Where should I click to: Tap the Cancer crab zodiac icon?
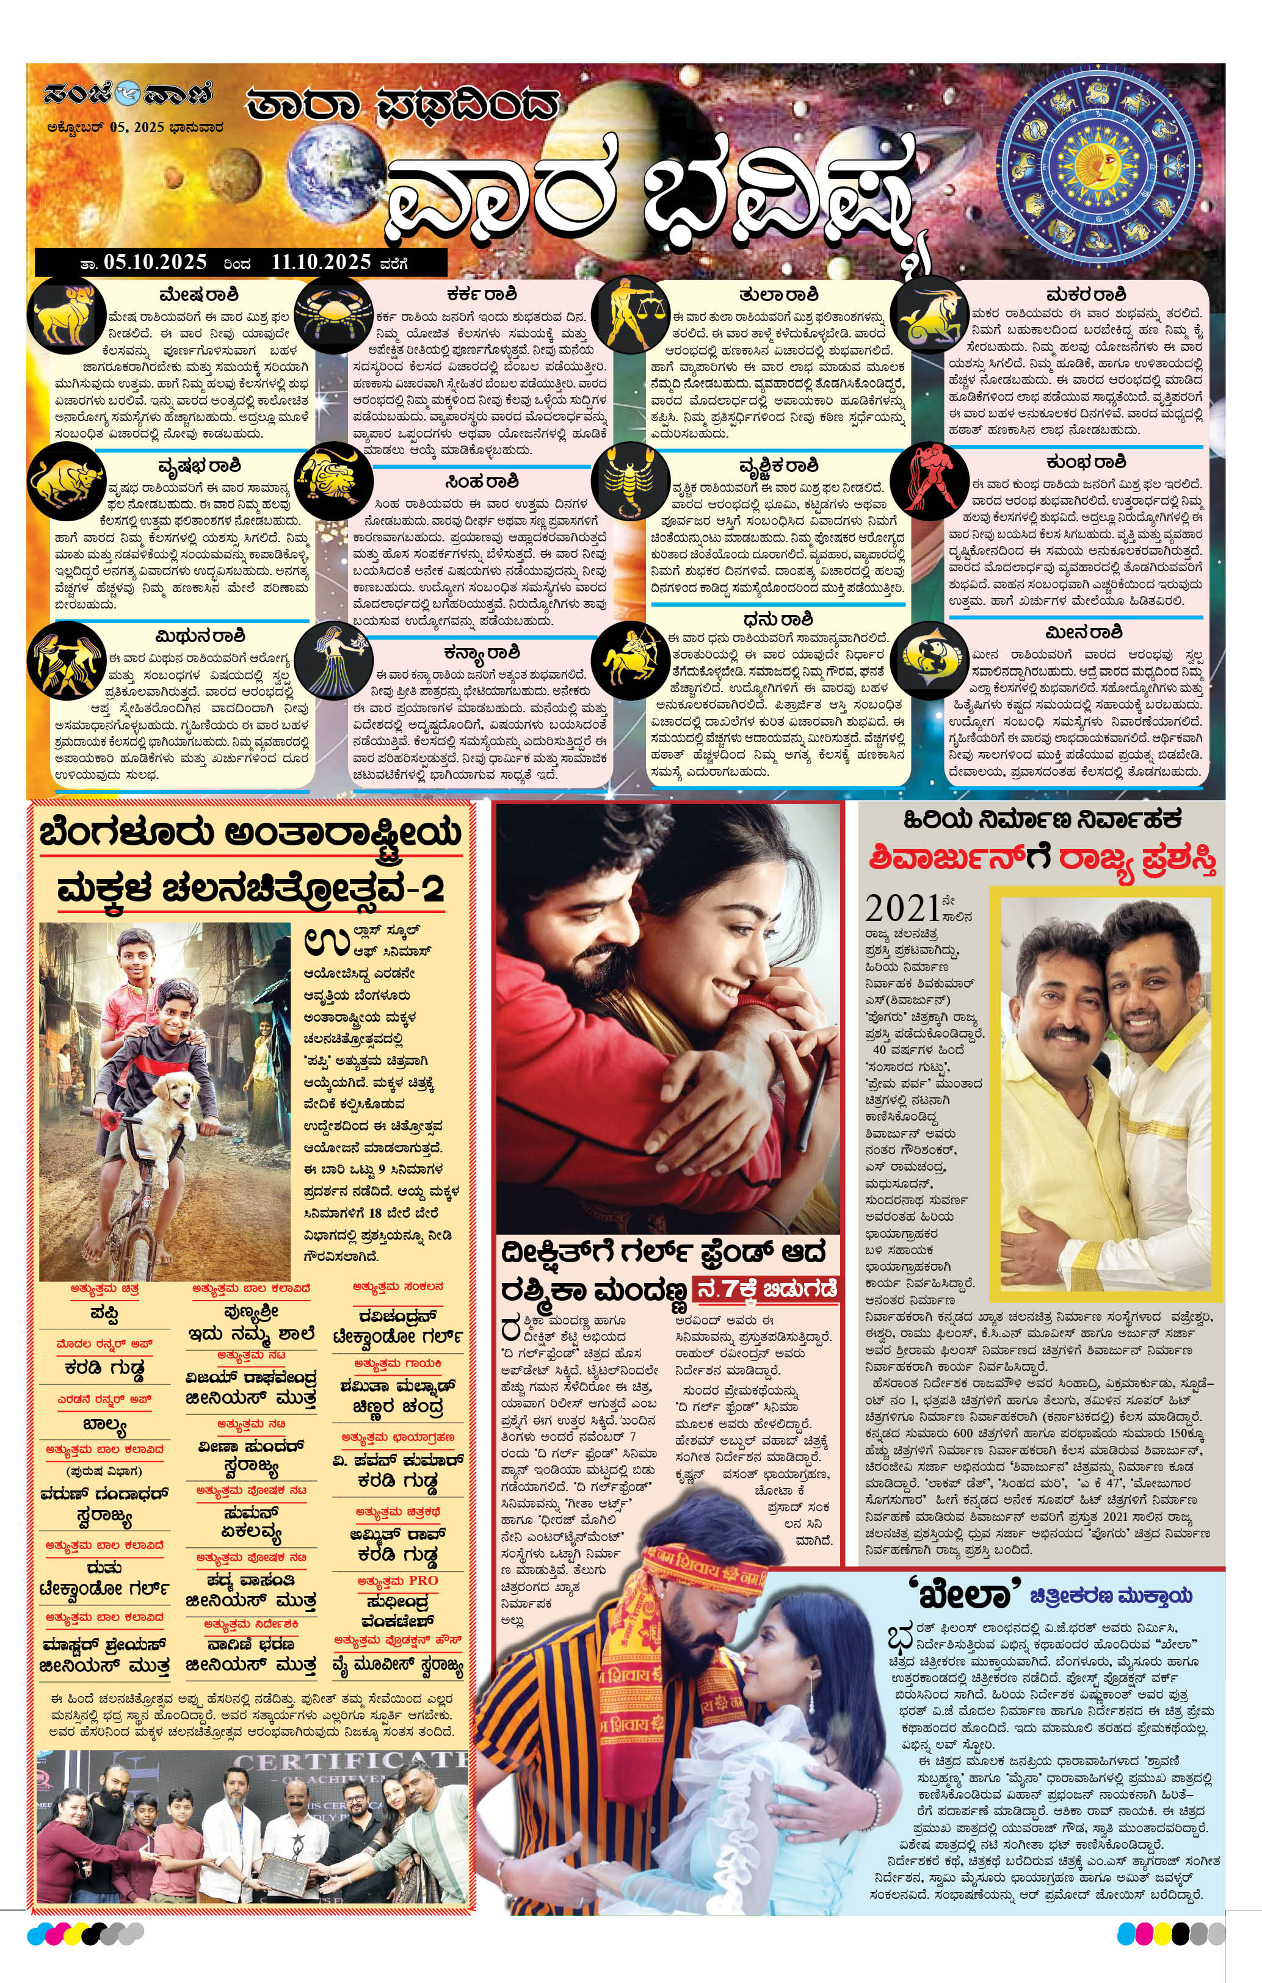point(332,317)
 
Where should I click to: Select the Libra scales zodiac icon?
point(633,316)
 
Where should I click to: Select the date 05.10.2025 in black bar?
point(155,262)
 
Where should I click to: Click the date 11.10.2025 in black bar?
point(321,262)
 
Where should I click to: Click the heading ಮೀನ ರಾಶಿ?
point(1083,632)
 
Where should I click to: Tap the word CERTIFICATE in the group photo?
point(350,1761)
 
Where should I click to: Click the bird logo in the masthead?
point(128,94)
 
